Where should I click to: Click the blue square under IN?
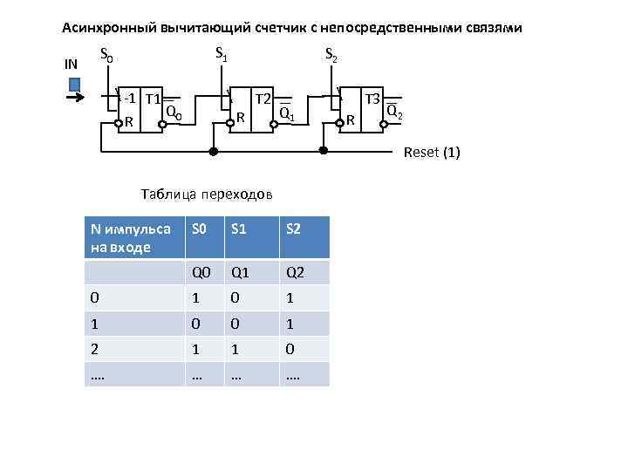pos(74,85)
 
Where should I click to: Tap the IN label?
pos(72,64)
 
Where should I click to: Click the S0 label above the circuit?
pos(106,56)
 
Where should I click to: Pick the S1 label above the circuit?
pos(222,55)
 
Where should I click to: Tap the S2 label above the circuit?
pos(331,56)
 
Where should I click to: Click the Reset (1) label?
pos(431,154)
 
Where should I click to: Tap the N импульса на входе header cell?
pos(131,237)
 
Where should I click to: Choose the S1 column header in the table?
pos(239,229)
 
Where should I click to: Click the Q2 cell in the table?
pos(294,272)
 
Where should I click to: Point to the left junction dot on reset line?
pos(212,151)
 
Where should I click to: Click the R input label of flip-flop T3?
pos(351,119)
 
